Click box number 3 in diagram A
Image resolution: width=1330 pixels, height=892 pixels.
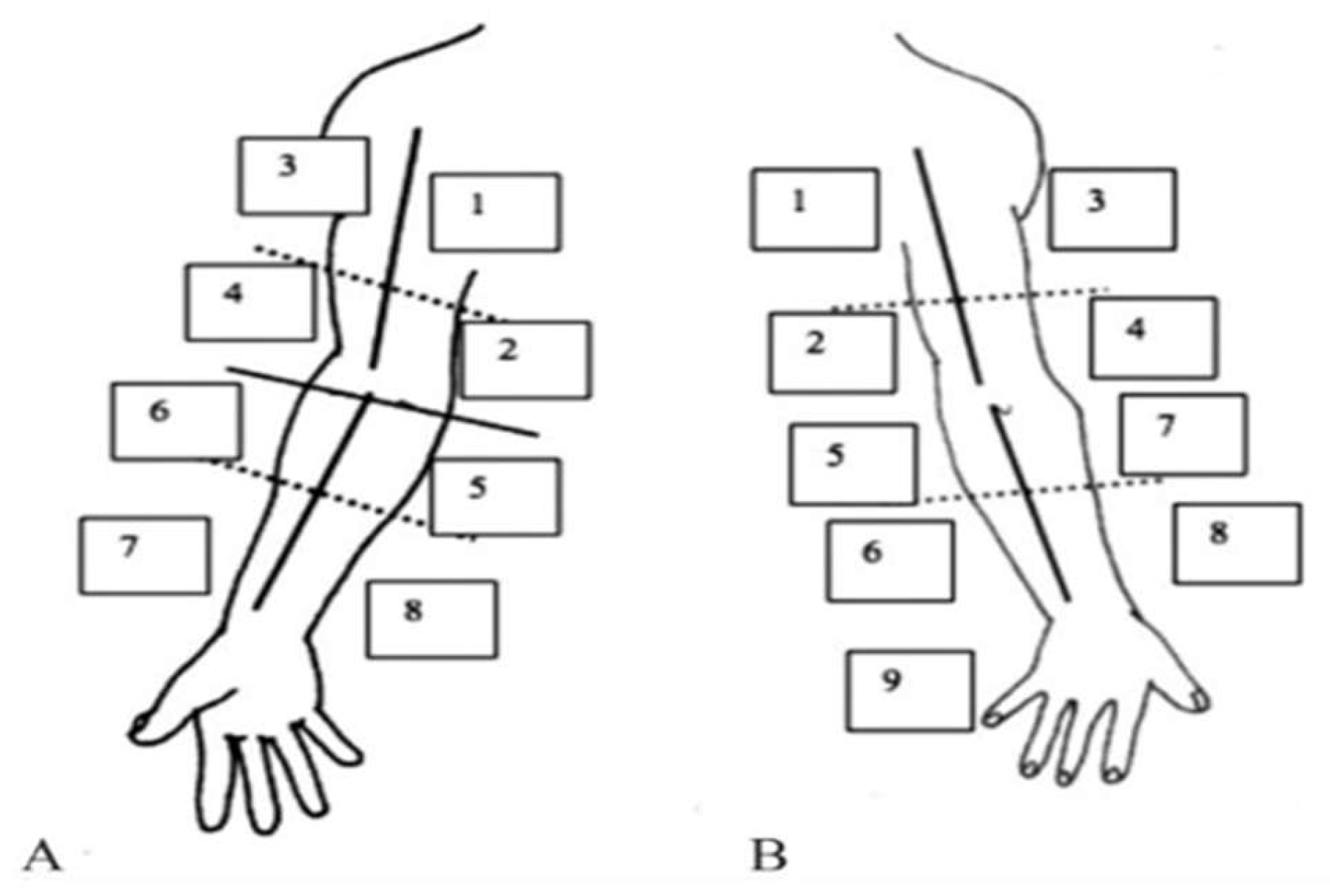click(303, 175)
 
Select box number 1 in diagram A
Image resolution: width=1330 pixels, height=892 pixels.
click(495, 212)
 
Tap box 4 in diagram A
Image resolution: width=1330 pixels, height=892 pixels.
click(250, 303)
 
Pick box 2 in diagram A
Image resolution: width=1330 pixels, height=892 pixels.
click(525, 360)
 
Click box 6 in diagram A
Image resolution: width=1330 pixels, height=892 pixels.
click(177, 421)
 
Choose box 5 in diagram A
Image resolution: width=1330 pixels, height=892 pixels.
click(495, 497)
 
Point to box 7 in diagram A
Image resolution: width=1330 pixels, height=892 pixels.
click(144, 555)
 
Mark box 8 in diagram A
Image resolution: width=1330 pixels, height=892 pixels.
click(431, 619)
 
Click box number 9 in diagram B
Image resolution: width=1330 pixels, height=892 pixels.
click(910, 690)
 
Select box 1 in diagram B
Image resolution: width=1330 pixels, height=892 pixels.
click(815, 209)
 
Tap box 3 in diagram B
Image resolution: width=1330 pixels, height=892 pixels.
click(1112, 209)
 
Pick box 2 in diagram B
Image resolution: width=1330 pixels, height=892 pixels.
click(833, 352)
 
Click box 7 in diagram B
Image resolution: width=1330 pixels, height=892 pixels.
click(1183, 435)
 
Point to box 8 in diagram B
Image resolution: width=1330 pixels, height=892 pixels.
click(1237, 543)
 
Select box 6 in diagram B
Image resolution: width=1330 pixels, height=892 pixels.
click(890, 560)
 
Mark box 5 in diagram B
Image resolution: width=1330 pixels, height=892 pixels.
click(853, 464)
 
